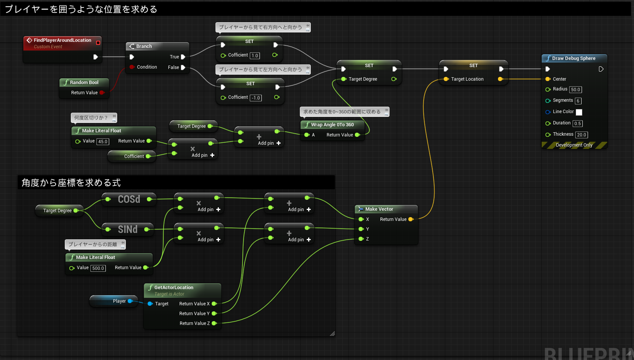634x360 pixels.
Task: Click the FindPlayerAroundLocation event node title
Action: [62, 40]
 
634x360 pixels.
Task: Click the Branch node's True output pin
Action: [183, 57]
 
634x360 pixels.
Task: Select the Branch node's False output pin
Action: [183, 67]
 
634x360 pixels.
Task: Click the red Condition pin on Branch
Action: [132, 67]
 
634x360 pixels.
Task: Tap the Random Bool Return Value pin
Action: [102, 93]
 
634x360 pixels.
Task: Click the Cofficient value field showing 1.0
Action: [255, 56]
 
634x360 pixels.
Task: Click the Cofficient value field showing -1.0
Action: [256, 98]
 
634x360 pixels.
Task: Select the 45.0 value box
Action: [103, 142]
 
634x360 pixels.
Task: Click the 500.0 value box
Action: [98, 268]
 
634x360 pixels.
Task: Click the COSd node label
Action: [129, 199]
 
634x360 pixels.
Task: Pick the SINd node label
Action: [128, 229]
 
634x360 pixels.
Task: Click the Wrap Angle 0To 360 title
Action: [332, 125]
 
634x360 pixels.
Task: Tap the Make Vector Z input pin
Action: [361, 239]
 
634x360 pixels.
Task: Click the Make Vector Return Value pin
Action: [411, 219]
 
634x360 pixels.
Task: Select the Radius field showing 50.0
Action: [575, 90]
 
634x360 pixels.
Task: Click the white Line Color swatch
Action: [579, 112]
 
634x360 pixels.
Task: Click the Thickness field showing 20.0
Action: [581, 135]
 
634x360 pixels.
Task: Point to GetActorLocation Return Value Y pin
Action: [214, 314]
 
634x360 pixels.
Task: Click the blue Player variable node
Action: [115, 301]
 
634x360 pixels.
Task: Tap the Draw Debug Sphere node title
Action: [573, 58]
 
